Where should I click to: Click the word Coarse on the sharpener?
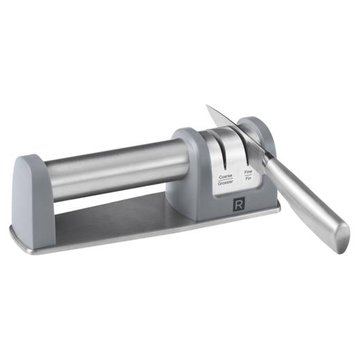point(226,177)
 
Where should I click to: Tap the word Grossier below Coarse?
point(226,183)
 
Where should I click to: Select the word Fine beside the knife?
point(248,172)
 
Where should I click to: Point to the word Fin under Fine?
point(248,178)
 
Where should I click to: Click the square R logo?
point(238,205)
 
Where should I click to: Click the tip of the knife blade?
point(206,105)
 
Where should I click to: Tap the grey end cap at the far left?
point(31,198)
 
